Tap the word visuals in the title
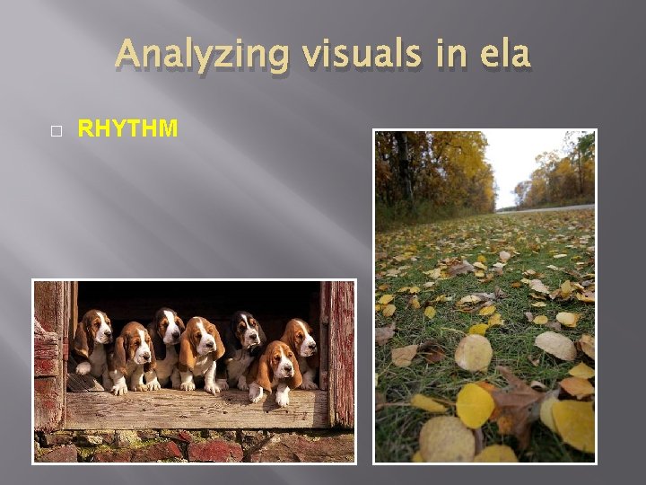(343, 55)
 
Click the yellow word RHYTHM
(127, 129)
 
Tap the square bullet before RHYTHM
(56, 130)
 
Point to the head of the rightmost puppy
(300, 337)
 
